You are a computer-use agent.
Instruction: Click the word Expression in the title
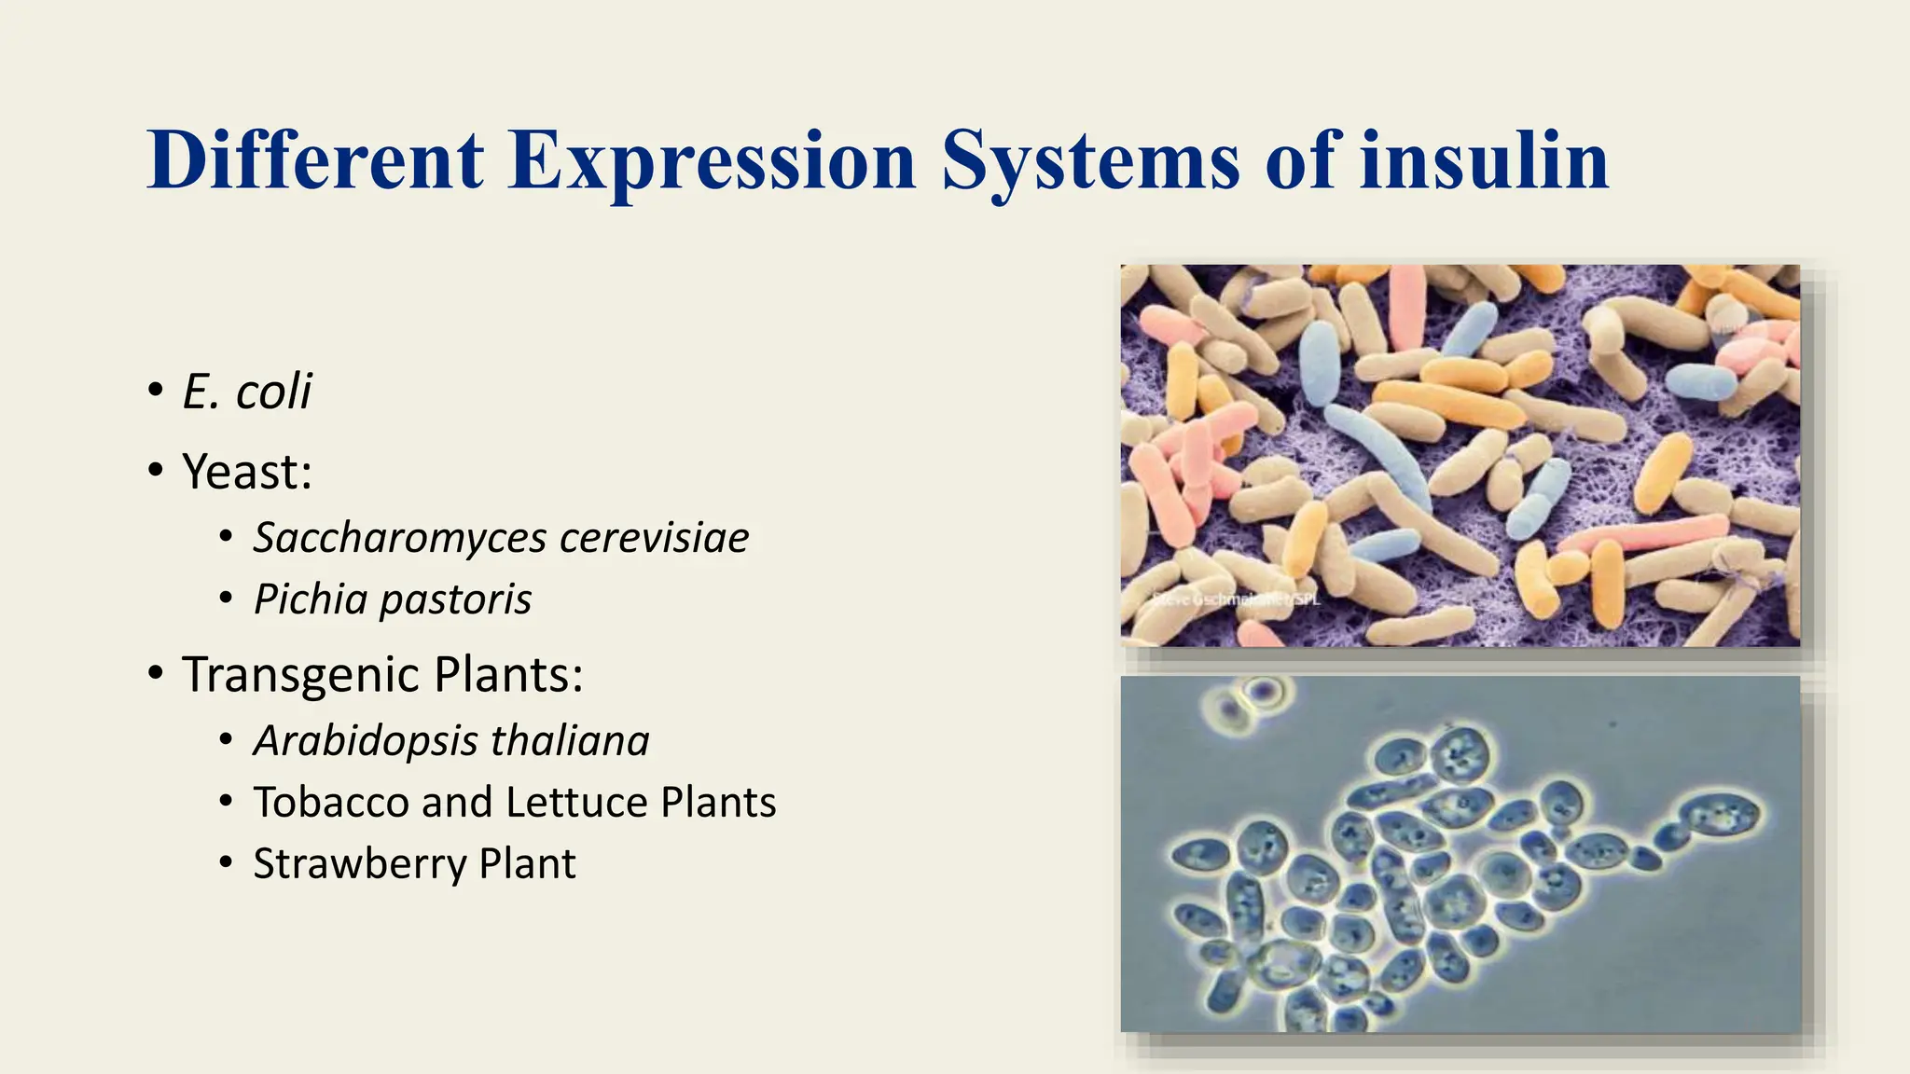click(713, 161)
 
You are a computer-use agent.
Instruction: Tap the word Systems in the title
click(1090, 161)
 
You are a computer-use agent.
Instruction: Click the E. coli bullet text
click(246, 391)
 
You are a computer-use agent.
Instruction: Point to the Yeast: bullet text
click(247, 471)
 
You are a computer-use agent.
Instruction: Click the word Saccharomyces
click(400, 538)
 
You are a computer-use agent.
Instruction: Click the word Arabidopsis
click(365, 741)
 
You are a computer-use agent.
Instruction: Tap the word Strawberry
click(359, 864)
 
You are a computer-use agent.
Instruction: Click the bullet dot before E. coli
click(155, 390)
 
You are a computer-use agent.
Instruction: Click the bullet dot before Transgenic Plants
click(155, 672)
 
